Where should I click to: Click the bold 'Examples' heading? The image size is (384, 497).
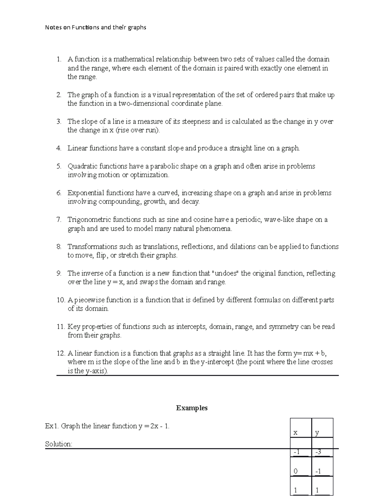pyautogui.click(x=192, y=408)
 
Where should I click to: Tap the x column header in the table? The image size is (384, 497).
pyautogui.click(x=295, y=433)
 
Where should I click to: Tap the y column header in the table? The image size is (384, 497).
pyautogui.click(x=317, y=433)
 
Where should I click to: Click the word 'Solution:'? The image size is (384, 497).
pyautogui.click(x=59, y=444)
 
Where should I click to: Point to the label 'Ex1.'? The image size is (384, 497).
pyautogui.click(x=52, y=426)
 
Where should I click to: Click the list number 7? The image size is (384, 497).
pyautogui.click(x=59, y=220)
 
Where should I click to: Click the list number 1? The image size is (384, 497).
pyautogui.click(x=59, y=59)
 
